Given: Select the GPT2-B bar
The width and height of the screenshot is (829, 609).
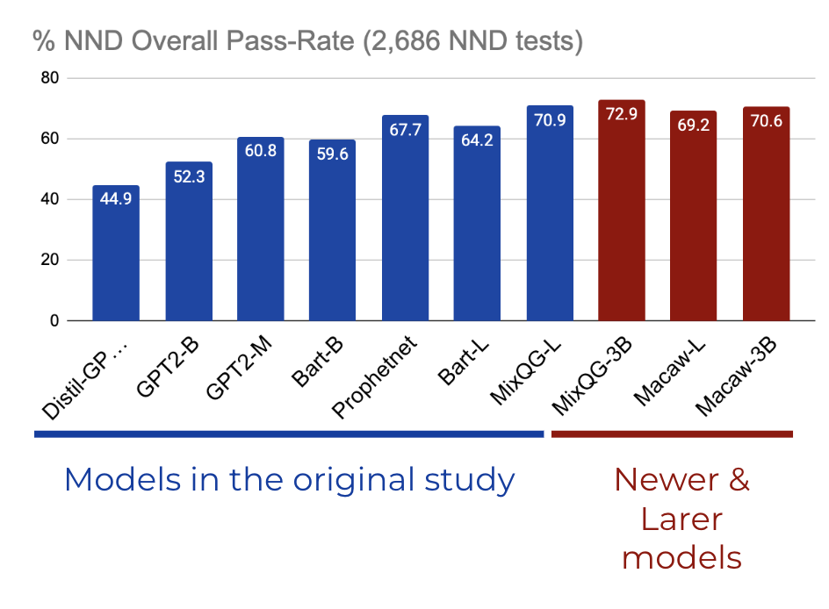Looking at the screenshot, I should (188, 241).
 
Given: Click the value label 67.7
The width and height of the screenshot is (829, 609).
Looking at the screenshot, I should (406, 130).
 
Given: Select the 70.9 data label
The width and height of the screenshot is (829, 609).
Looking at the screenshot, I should (550, 120).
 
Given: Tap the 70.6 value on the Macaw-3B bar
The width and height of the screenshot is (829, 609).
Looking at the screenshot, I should (767, 121).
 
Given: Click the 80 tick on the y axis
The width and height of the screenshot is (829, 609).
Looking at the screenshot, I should (50, 78).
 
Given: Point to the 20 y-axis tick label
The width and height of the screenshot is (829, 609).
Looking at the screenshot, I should (50, 261).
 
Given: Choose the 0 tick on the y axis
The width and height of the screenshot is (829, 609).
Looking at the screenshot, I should (54, 321).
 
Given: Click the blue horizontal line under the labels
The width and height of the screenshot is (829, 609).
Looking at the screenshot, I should (289, 433).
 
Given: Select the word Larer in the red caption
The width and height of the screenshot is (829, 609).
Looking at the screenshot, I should (681, 519).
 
